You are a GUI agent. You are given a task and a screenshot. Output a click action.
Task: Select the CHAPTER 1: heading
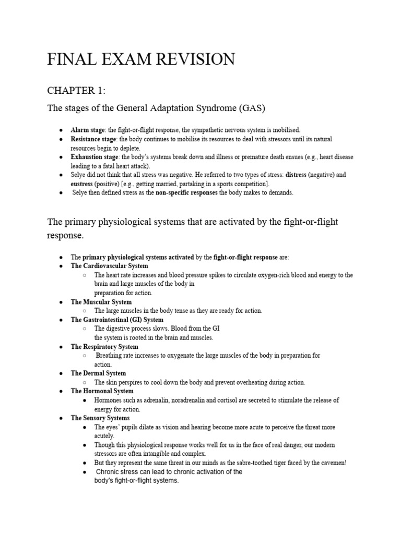(x=76, y=90)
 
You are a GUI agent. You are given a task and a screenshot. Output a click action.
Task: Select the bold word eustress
(x=84, y=184)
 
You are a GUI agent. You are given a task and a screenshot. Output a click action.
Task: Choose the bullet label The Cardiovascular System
(x=109, y=266)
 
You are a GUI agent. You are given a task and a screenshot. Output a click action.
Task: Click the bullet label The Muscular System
(x=101, y=302)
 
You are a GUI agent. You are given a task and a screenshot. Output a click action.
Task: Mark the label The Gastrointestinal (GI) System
(x=117, y=320)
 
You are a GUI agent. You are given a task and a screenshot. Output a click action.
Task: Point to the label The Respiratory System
(x=104, y=347)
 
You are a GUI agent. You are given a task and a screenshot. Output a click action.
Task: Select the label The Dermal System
(x=98, y=373)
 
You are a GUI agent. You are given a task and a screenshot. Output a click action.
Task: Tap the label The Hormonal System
(x=102, y=391)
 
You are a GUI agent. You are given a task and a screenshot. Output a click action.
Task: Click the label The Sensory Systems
(x=100, y=418)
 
